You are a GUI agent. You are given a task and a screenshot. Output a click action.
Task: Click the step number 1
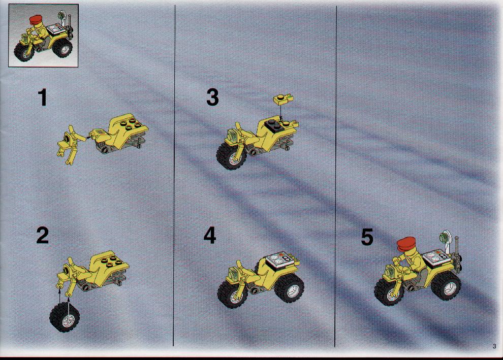pyautogui.click(x=42, y=97)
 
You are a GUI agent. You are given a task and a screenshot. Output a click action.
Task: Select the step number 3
pyautogui.click(x=212, y=97)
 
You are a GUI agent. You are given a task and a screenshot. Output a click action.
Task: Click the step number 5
pyautogui.click(x=367, y=237)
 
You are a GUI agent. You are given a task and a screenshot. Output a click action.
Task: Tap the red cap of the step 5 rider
pyautogui.click(x=406, y=244)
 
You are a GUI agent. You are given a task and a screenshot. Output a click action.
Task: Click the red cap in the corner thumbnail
pyautogui.click(x=38, y=21)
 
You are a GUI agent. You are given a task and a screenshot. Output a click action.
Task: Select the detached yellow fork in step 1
pyautogui.click(x=71, y=144)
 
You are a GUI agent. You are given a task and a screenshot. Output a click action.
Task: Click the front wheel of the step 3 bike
pyautogui.click(x=232, y=155)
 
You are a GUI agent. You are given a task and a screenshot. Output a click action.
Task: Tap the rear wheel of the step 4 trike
pyautogui.click(x=289, y=288)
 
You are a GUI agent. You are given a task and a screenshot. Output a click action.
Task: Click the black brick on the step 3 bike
pyautogui.click(x=274, y=126)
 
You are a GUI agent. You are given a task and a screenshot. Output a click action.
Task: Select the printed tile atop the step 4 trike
pyautogui.click(x=279, y=258)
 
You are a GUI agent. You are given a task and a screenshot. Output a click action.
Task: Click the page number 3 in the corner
pyautogui.click(x=494, y=346)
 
